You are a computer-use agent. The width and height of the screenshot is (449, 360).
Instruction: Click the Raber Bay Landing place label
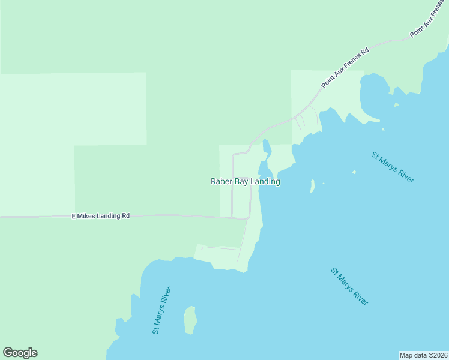point(245,181)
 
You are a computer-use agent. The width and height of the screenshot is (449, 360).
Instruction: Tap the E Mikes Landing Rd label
point(101,215)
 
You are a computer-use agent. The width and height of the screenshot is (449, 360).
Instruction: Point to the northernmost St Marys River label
point(393,167)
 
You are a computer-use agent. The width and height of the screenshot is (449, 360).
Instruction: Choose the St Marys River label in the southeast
point(349,287)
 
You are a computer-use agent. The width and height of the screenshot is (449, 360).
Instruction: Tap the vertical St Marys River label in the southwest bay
point(162,310)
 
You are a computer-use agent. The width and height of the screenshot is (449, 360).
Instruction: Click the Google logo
point(20,353)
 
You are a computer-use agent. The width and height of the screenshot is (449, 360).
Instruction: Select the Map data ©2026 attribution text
point(423,355)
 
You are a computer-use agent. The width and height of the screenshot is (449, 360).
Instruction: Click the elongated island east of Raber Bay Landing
point(312,186)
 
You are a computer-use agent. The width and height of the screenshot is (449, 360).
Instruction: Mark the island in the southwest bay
point(190,320)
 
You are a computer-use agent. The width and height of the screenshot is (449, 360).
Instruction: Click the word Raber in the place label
point(220,181)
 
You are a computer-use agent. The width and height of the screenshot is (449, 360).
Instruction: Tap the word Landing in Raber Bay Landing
point(267,181)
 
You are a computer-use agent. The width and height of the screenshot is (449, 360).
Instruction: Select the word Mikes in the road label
point(88,215)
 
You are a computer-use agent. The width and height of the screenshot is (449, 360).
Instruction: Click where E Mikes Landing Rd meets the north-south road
point(247,218)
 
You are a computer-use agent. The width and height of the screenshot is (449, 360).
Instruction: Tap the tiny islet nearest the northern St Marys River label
point(354,172)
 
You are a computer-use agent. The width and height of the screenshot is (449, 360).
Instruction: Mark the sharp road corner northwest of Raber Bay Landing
point(233,155)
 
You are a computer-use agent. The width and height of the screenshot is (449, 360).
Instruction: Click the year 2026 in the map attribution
point(439,355)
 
